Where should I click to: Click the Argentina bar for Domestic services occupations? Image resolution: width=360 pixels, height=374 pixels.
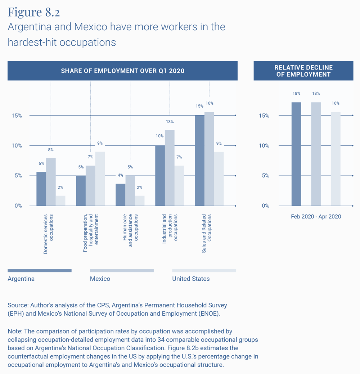41,189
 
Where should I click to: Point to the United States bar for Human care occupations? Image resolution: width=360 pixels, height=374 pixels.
140,201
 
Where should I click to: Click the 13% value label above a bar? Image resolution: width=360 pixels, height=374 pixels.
170,122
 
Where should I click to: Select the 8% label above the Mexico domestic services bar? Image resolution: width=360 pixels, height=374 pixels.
51,150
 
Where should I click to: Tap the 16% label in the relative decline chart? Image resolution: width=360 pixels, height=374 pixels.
336,103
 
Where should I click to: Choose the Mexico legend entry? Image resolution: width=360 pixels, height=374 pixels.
100,279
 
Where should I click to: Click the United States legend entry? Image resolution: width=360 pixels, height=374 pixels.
191,279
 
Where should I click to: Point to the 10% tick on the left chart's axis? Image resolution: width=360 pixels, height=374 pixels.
16,146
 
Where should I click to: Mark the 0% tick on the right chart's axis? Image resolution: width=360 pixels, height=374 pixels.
265,206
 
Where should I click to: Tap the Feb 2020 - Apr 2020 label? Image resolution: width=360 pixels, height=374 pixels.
316,217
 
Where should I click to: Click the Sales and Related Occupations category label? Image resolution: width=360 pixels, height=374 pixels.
207,234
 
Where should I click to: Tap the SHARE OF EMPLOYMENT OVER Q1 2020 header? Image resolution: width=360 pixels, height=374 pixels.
122,71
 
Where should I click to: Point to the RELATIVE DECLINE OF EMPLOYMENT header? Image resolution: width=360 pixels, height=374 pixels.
303,71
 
